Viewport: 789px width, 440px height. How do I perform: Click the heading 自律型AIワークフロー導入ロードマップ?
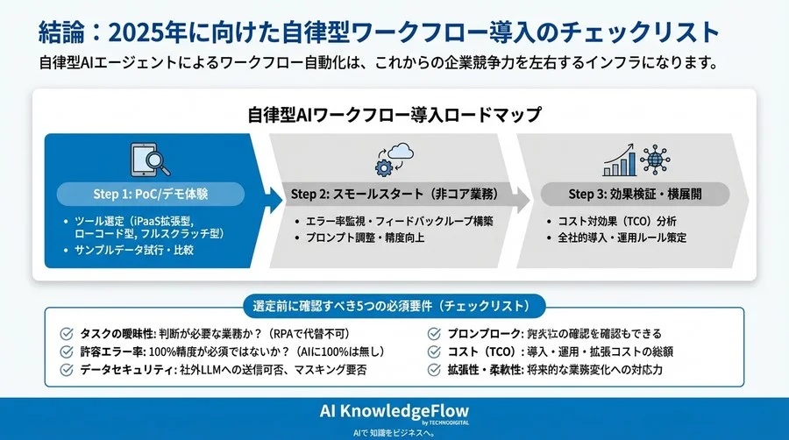point(394,115)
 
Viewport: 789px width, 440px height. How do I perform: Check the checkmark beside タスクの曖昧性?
point(66,333)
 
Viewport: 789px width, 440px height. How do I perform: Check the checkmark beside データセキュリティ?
point(66,370)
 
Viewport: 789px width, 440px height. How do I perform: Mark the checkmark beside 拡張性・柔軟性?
point(436,370)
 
